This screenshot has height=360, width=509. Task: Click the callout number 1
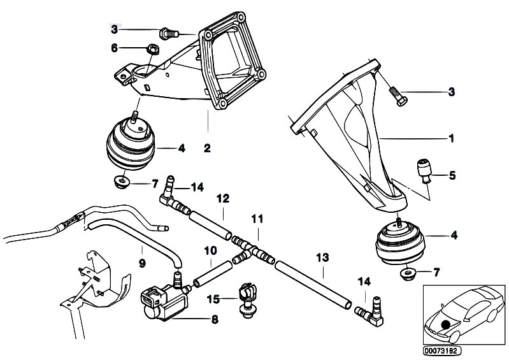pos(451,138)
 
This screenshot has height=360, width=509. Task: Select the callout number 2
pos(207,148)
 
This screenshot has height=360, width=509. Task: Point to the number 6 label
pos(114,47)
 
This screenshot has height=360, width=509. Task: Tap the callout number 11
pos(257,219)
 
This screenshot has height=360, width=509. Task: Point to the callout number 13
pos(322,257)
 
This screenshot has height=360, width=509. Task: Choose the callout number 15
pos(213,298)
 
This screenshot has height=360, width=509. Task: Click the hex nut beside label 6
pos(153,49)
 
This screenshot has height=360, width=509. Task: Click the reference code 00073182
pos(441,350)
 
